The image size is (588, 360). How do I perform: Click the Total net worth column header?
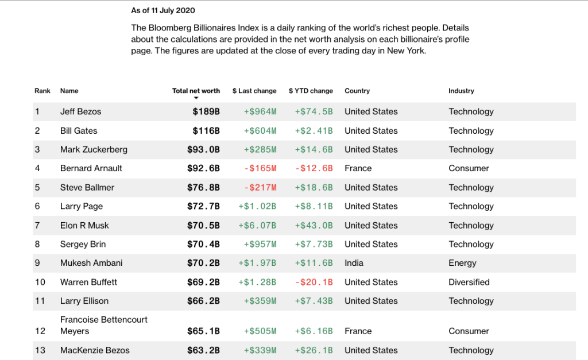pos(196,91)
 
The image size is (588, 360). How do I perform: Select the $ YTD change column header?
pos(311,91)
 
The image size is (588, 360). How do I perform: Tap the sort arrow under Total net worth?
pos(196,99)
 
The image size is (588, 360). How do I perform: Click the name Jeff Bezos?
pos(80,111)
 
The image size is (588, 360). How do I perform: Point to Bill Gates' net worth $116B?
pos(206,130)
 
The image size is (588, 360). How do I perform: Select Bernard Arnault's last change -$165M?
pos(260,168)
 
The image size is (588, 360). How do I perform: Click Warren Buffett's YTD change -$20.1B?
pos(314,282)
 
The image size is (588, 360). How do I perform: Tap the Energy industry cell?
pos(462,263)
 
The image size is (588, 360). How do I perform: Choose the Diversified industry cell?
pos(469,282)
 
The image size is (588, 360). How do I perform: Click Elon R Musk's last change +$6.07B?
pos(257,225)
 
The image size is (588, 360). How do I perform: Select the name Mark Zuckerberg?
pos(94,149)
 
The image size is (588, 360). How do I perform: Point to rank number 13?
pos(40,350)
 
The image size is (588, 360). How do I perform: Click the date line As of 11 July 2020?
pos(163,10)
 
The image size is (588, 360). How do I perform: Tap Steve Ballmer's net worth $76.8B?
pos(203,187)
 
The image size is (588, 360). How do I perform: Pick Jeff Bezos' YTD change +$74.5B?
pos(314,111)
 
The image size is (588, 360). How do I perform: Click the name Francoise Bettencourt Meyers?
pos(103,325)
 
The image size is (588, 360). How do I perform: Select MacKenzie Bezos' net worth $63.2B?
pos(203,350)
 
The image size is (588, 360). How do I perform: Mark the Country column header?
pos(357,91)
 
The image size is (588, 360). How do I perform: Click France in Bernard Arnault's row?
pos(358,168)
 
